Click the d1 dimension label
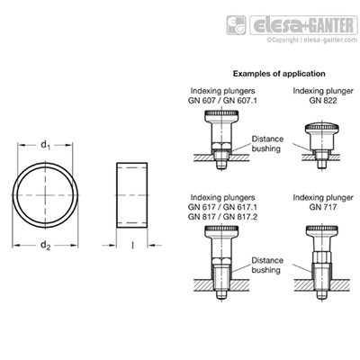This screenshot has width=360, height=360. pos(45,145)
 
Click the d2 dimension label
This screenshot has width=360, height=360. pos(45,246)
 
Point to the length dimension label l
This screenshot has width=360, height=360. pos(132,246)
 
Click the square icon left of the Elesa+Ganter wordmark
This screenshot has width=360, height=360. pos(236,25)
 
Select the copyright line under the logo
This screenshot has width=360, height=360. pos(312,40)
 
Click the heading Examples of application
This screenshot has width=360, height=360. pos(279,74)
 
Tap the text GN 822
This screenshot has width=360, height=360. pos(323,100)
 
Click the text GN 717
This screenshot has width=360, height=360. pos(323,207)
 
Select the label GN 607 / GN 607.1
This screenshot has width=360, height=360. pos(222,100)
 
